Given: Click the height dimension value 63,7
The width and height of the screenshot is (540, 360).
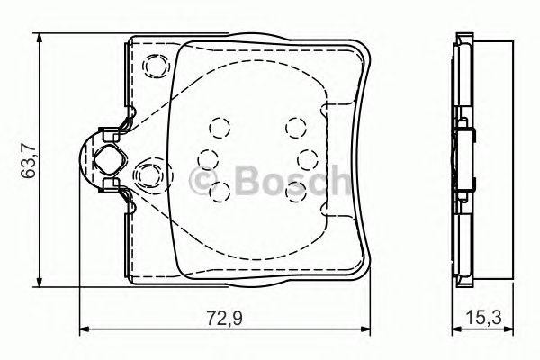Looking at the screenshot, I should point(28,162).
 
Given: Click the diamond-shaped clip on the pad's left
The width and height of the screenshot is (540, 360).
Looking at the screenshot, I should point(107,161).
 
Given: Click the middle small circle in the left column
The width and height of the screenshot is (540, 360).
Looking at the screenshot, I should point(208,158).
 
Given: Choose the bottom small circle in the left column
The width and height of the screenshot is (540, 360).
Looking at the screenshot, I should point(217,188).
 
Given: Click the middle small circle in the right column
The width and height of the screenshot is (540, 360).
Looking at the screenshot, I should point(304,158).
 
